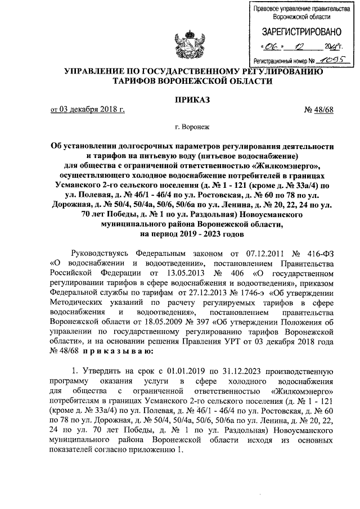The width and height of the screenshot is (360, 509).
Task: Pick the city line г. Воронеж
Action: coord(192,128)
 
